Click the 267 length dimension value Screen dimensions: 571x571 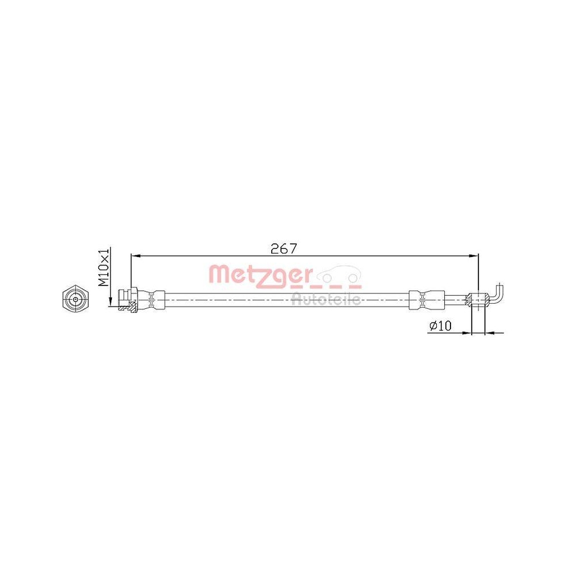tap(283, 249)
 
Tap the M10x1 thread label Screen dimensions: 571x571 tap(104, 267)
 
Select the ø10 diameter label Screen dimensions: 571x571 tap(440, 325)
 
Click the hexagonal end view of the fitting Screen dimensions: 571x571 tap(74, 298)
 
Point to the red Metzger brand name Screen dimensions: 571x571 tap(260, 274)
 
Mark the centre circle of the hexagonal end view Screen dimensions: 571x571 tap(74, 298)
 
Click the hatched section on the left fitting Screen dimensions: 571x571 tap(133, 309)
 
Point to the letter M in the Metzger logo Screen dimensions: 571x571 tap(218, 275)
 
